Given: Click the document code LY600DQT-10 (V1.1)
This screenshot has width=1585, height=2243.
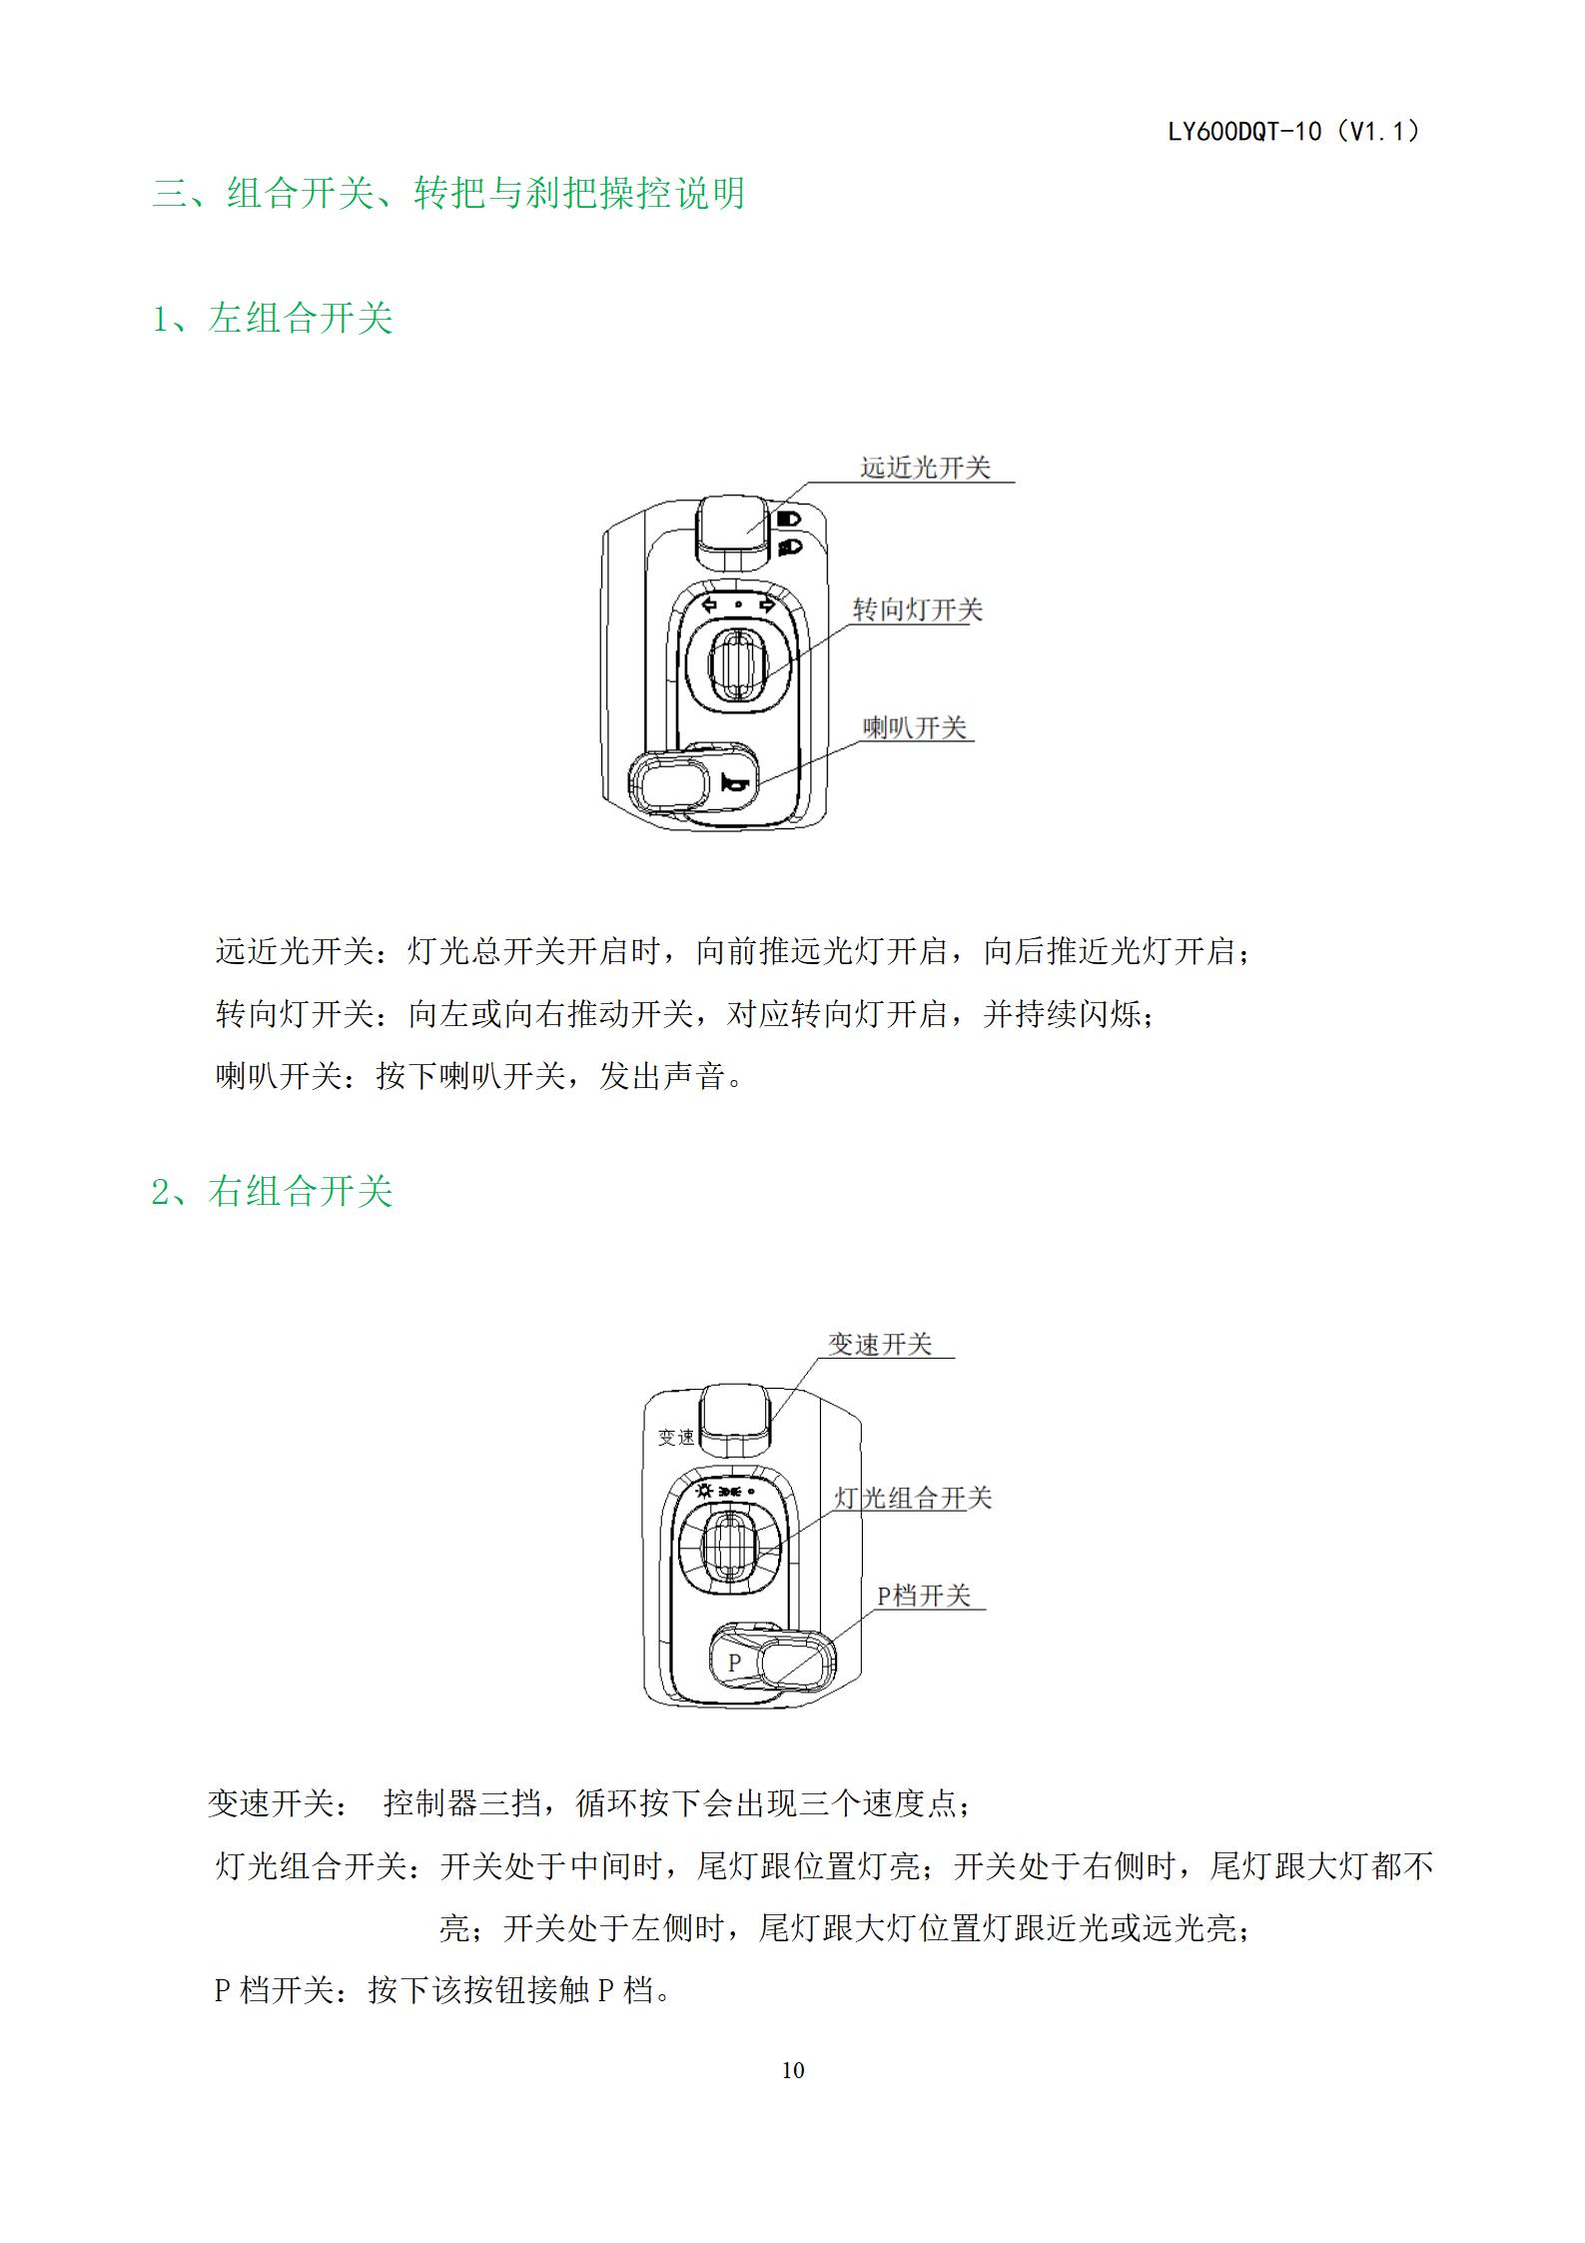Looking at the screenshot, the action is click(x=1295, y=131).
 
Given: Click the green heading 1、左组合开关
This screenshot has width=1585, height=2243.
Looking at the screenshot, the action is click(x=272, y=318).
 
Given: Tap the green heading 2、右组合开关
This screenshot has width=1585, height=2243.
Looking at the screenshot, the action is click(x=272, y=1191).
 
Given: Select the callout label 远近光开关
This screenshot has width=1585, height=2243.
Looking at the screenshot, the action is click(x=925, y=468).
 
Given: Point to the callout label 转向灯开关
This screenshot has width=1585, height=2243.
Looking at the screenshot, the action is click(x=917, y=609).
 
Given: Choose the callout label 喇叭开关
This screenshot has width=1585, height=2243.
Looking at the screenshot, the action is click(x=915, y=727).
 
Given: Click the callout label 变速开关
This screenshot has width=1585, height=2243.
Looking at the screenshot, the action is click(x=880, y=1344).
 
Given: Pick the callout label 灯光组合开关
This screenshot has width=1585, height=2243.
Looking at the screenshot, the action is click(x=913, y=1498).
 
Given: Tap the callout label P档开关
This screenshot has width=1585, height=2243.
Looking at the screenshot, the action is click(x=924, y=1596).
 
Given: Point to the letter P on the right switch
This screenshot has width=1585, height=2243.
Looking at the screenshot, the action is click(x=734, y=1663).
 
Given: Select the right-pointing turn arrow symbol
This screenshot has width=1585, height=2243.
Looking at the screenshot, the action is click(x=767, y=604).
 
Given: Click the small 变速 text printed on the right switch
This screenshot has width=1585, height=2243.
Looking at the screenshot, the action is click(x=676, y=1437).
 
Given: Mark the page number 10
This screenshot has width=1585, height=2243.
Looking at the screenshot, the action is click(x=793, y=2070).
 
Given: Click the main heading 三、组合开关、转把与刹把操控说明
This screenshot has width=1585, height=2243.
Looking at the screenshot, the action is click(x=448, y=193).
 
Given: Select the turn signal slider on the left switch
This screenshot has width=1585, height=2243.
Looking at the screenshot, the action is click(x=737, y=662).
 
